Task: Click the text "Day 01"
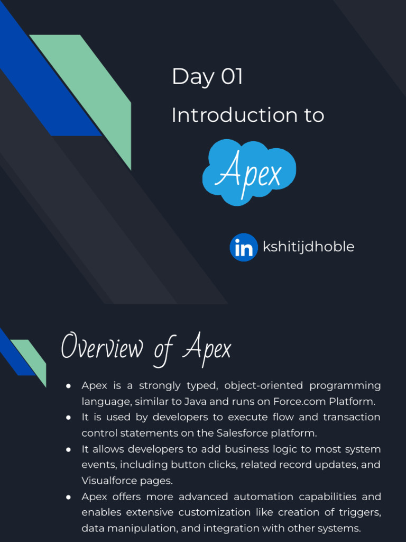click(207, 77)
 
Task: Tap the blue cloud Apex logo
click(249, 171)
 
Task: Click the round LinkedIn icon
click(244, 247)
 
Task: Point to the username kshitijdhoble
click(308, 247)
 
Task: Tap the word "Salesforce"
click(242, 433)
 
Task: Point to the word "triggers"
click(359, 512)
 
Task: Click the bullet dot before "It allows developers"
click(69, 449)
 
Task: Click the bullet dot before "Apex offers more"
click(69, 497)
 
